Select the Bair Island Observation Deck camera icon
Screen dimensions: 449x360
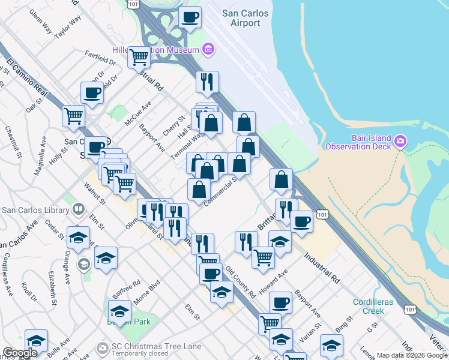click(401, 142)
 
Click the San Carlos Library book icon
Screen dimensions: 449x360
click(78, 210)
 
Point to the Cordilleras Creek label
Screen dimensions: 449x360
click(372, 306)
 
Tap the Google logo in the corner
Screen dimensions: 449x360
click(20, 353)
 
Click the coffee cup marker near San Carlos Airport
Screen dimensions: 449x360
click(190, 18)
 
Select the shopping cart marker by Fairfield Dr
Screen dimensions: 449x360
click(139, 58)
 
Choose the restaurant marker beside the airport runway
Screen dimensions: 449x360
click(207, 82)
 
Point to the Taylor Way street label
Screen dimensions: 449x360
click(67, 28)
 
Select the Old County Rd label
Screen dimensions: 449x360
click(240, 283)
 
